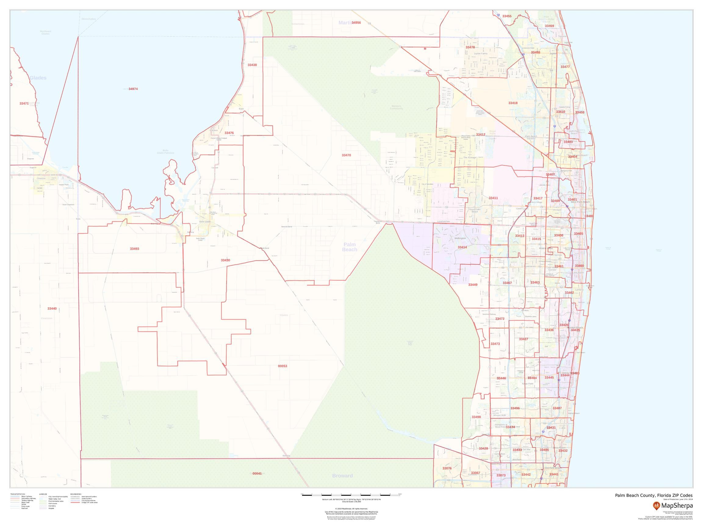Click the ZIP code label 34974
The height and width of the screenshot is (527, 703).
[x=133, y=89]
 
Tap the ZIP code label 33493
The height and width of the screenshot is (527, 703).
[x=135, y=249]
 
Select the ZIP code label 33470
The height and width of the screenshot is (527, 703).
[x=346, y=155]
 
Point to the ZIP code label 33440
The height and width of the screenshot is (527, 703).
[x=52, y=308]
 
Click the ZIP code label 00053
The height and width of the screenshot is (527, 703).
[x=282, y=366]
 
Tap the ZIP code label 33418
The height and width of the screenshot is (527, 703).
[x=513, y=103]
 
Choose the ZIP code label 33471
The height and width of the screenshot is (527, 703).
[x=24, y=104]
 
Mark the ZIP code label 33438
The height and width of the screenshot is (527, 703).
[x=252, y=65]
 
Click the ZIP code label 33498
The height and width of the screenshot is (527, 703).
[x=476, y=417]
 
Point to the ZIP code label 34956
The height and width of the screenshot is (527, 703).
[x=356, y=23]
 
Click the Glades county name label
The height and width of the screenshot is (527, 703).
[x=38, y=78]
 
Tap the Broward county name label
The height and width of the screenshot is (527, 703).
[x=342, y=475]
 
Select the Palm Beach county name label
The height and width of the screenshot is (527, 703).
[x=350, y=247]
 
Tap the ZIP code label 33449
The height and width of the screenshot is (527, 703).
[x=473, y=285]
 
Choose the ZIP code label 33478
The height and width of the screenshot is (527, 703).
[x=470, y=47]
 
